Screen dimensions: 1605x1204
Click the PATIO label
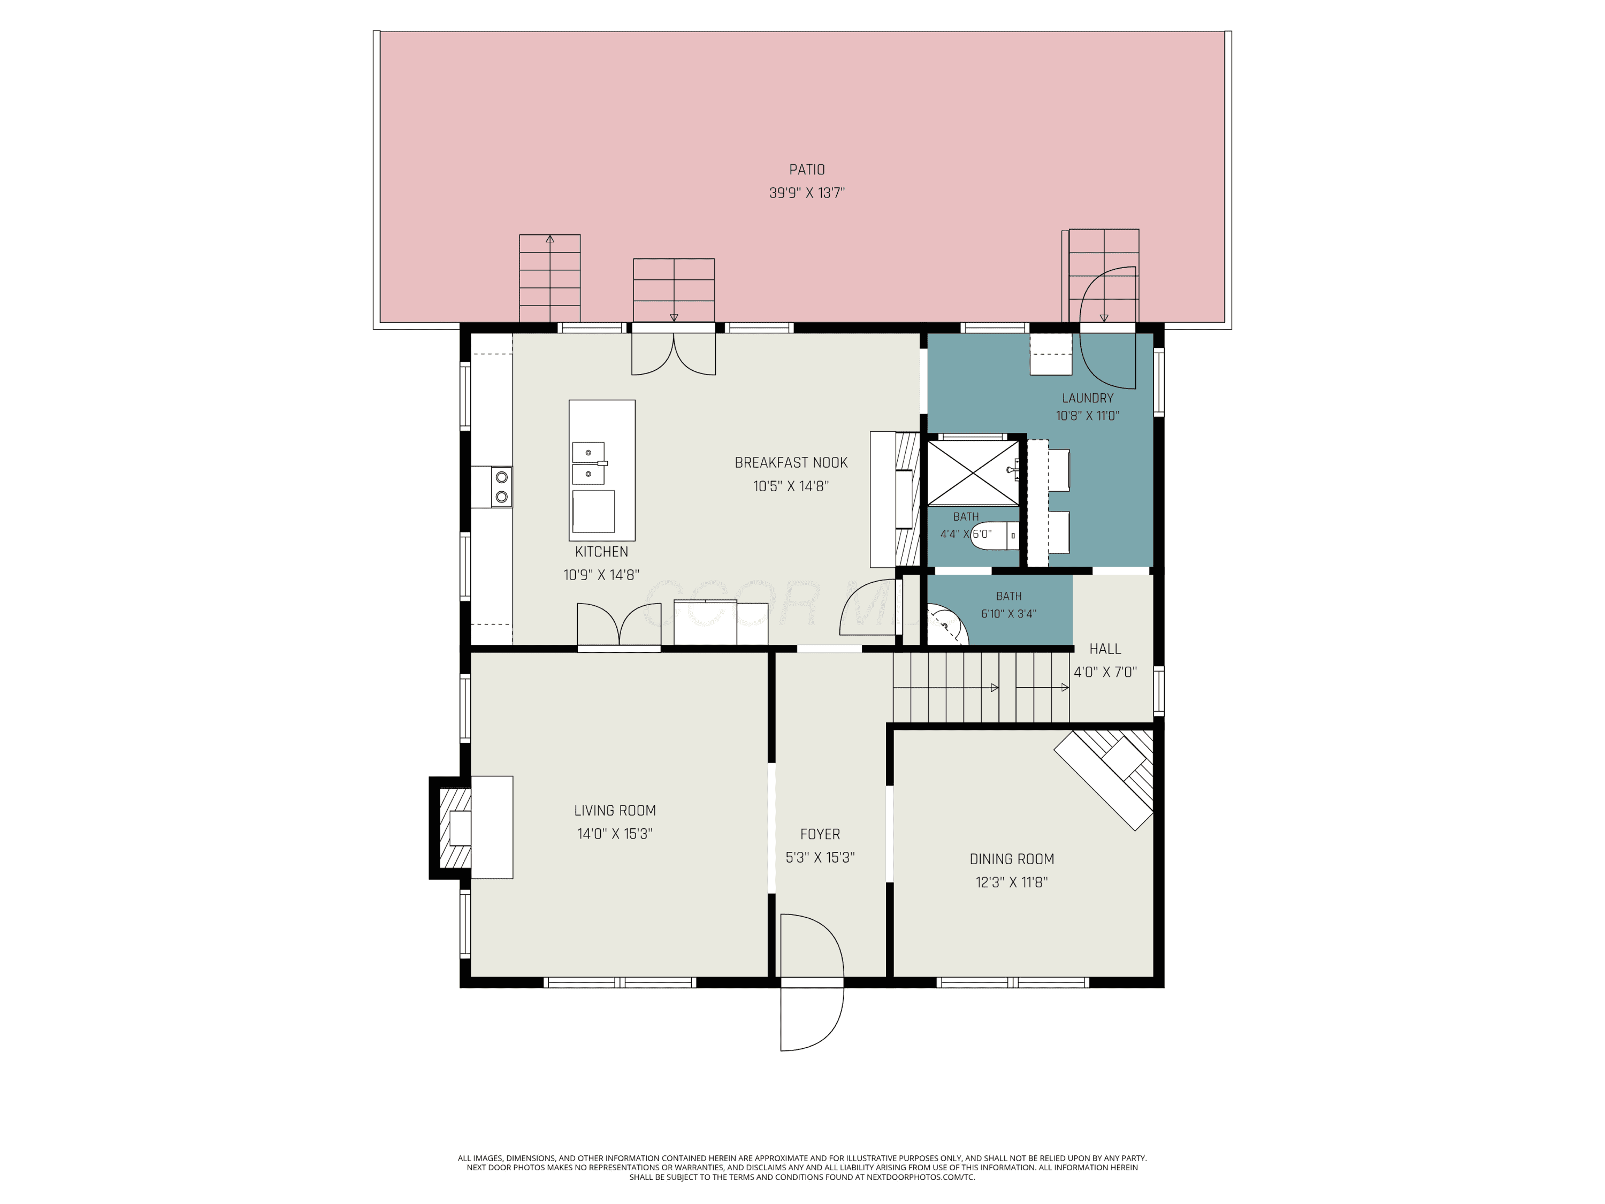(807, 169)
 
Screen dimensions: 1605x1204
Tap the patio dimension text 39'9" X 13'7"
(807, 193)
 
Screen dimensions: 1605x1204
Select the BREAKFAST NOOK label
(791, 462)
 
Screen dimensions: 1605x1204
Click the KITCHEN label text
(601, 552)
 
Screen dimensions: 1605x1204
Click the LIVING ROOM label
(615, 811)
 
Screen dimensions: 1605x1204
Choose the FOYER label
(820, 835)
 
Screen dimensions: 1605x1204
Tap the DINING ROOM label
(1012, 859)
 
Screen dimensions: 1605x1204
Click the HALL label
(1105, 649)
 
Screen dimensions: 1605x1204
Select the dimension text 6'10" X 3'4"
(1008, 614)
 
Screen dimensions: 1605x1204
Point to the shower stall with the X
(974, 473)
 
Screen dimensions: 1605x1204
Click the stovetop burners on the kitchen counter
(501, 487)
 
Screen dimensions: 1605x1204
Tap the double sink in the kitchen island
(588, 463)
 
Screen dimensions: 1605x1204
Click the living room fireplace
(472, 827)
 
